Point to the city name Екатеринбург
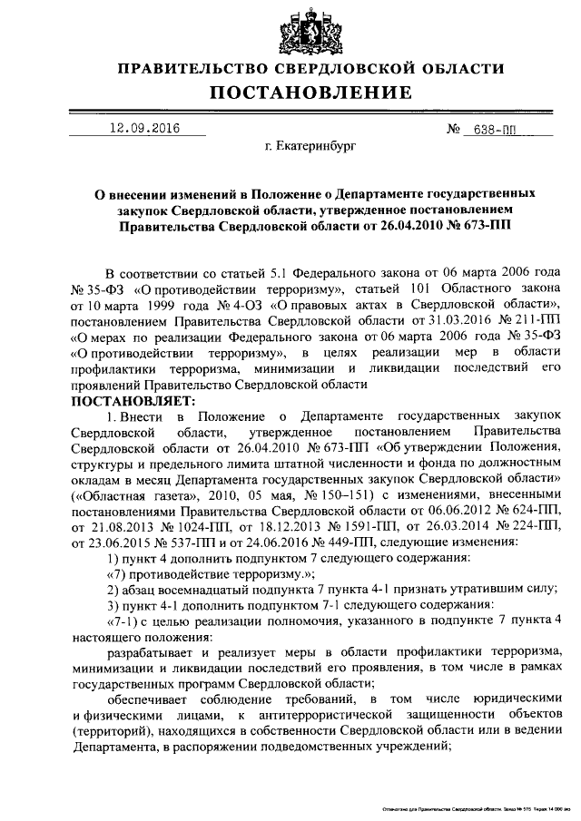(310, 144)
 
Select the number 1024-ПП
(208, 527)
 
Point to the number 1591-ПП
(364, 527)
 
